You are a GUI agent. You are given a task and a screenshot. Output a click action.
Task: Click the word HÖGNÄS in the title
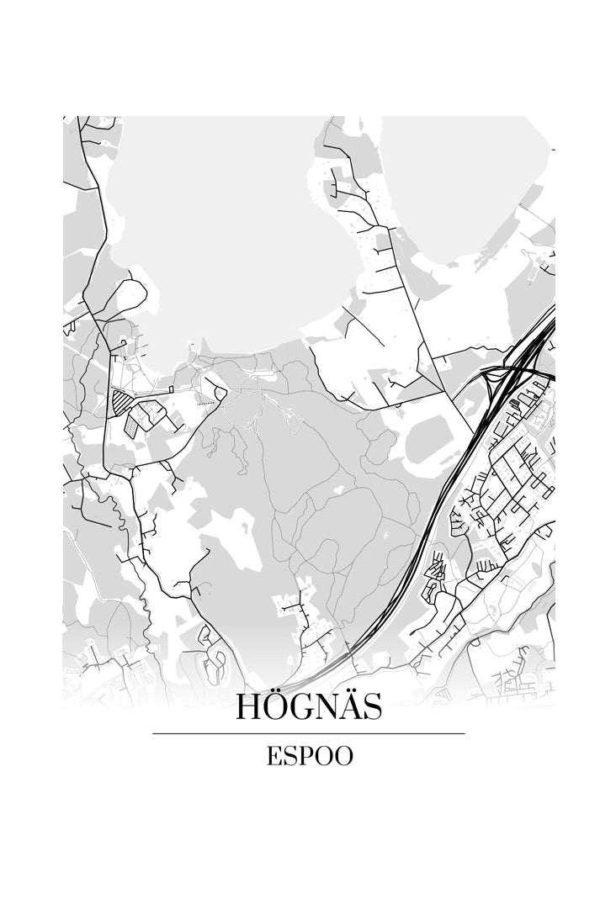(308, 706)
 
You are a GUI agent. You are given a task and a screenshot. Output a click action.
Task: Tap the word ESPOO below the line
(309, 756)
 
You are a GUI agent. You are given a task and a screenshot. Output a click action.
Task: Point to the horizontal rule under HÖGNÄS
(308, 733)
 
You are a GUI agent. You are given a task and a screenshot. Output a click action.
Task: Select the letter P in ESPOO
(303, 756)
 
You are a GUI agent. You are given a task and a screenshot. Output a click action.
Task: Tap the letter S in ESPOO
(288, 756)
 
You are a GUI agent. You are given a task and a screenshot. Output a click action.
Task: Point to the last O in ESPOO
(343, 756)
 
